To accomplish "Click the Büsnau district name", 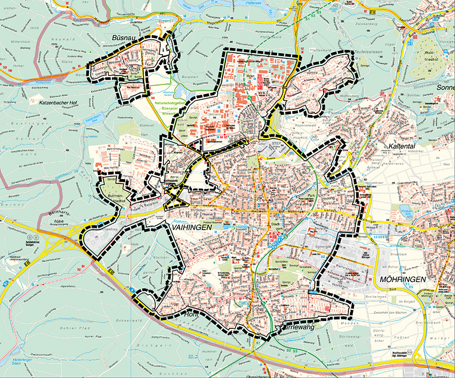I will (124, 38).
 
